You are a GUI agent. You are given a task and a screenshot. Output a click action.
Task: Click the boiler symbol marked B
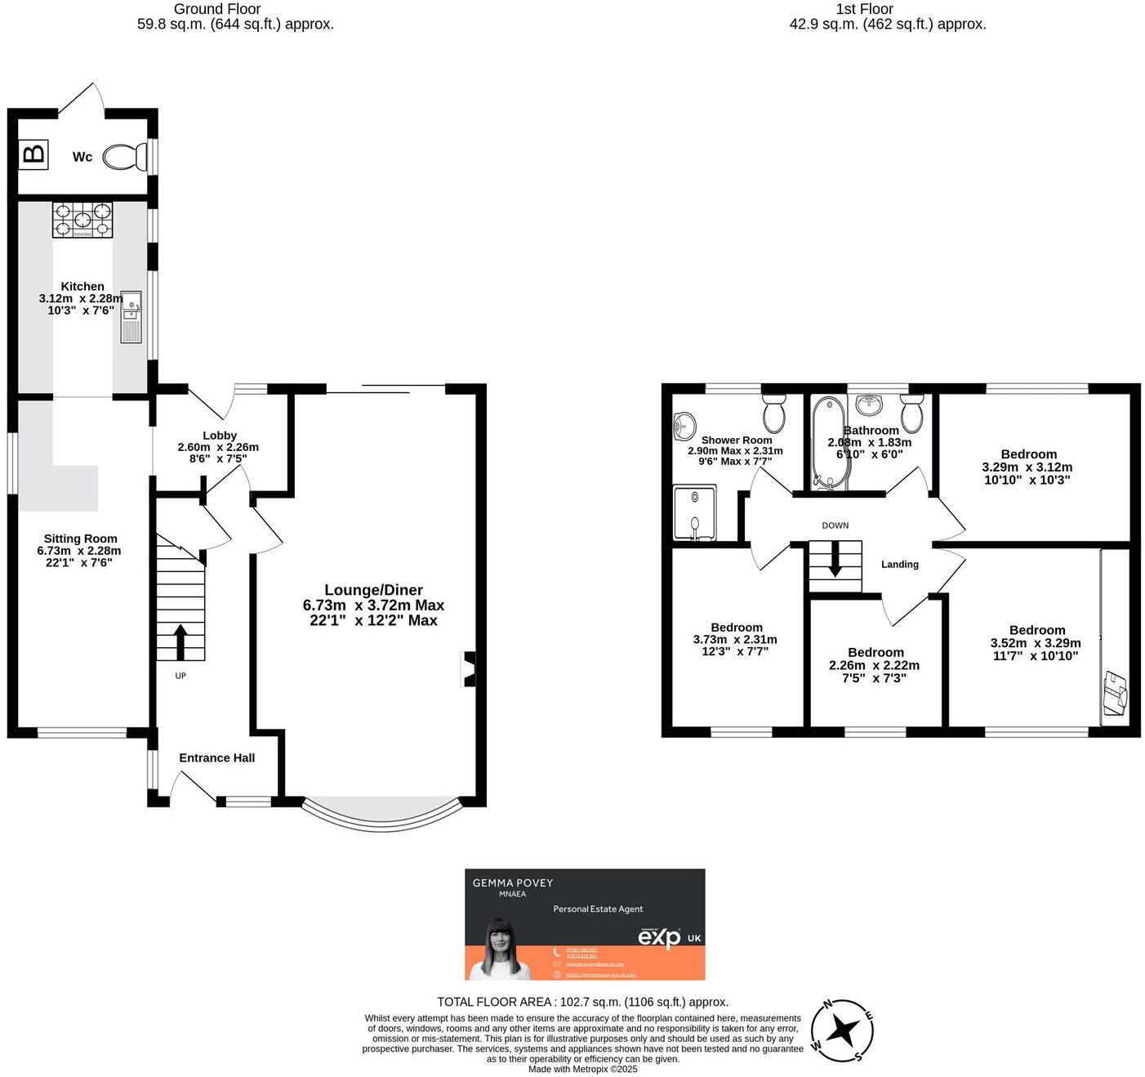(33, 154)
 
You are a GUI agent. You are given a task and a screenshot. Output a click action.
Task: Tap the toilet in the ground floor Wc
(124, 157)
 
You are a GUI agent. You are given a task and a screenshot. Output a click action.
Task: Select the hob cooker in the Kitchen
(82, 220)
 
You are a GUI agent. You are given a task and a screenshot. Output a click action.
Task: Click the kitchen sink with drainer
(131, 316)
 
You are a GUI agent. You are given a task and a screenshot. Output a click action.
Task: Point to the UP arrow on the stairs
(180, 642)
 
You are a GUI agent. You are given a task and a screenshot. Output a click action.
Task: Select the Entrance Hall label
(216, 757)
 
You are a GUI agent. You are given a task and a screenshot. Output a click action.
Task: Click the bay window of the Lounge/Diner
(381, 811)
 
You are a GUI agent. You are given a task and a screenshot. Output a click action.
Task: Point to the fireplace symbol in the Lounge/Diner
(469, 668)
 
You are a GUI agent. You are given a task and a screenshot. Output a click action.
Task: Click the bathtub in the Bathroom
(829, 442)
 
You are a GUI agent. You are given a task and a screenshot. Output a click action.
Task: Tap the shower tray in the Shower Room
(694, 513)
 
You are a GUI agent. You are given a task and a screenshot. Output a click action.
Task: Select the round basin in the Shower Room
(684, 424)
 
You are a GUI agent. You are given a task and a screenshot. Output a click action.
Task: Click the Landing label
(899, 564)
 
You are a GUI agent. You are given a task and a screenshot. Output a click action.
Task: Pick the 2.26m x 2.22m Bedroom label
(875, 664)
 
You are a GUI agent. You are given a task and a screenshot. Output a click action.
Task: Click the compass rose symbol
(842, 1030)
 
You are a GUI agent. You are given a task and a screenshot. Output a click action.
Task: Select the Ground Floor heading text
(216, 9)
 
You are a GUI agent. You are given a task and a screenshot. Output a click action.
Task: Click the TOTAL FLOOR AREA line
(582, 1002)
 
